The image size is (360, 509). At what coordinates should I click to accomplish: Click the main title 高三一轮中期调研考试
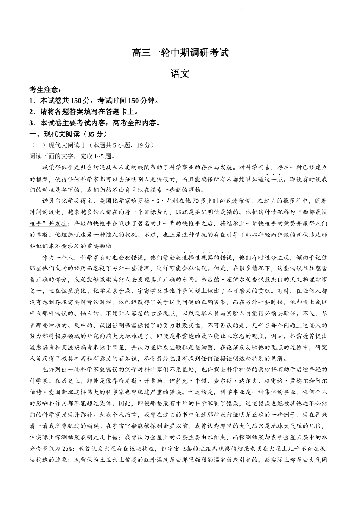tap(180, 52)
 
